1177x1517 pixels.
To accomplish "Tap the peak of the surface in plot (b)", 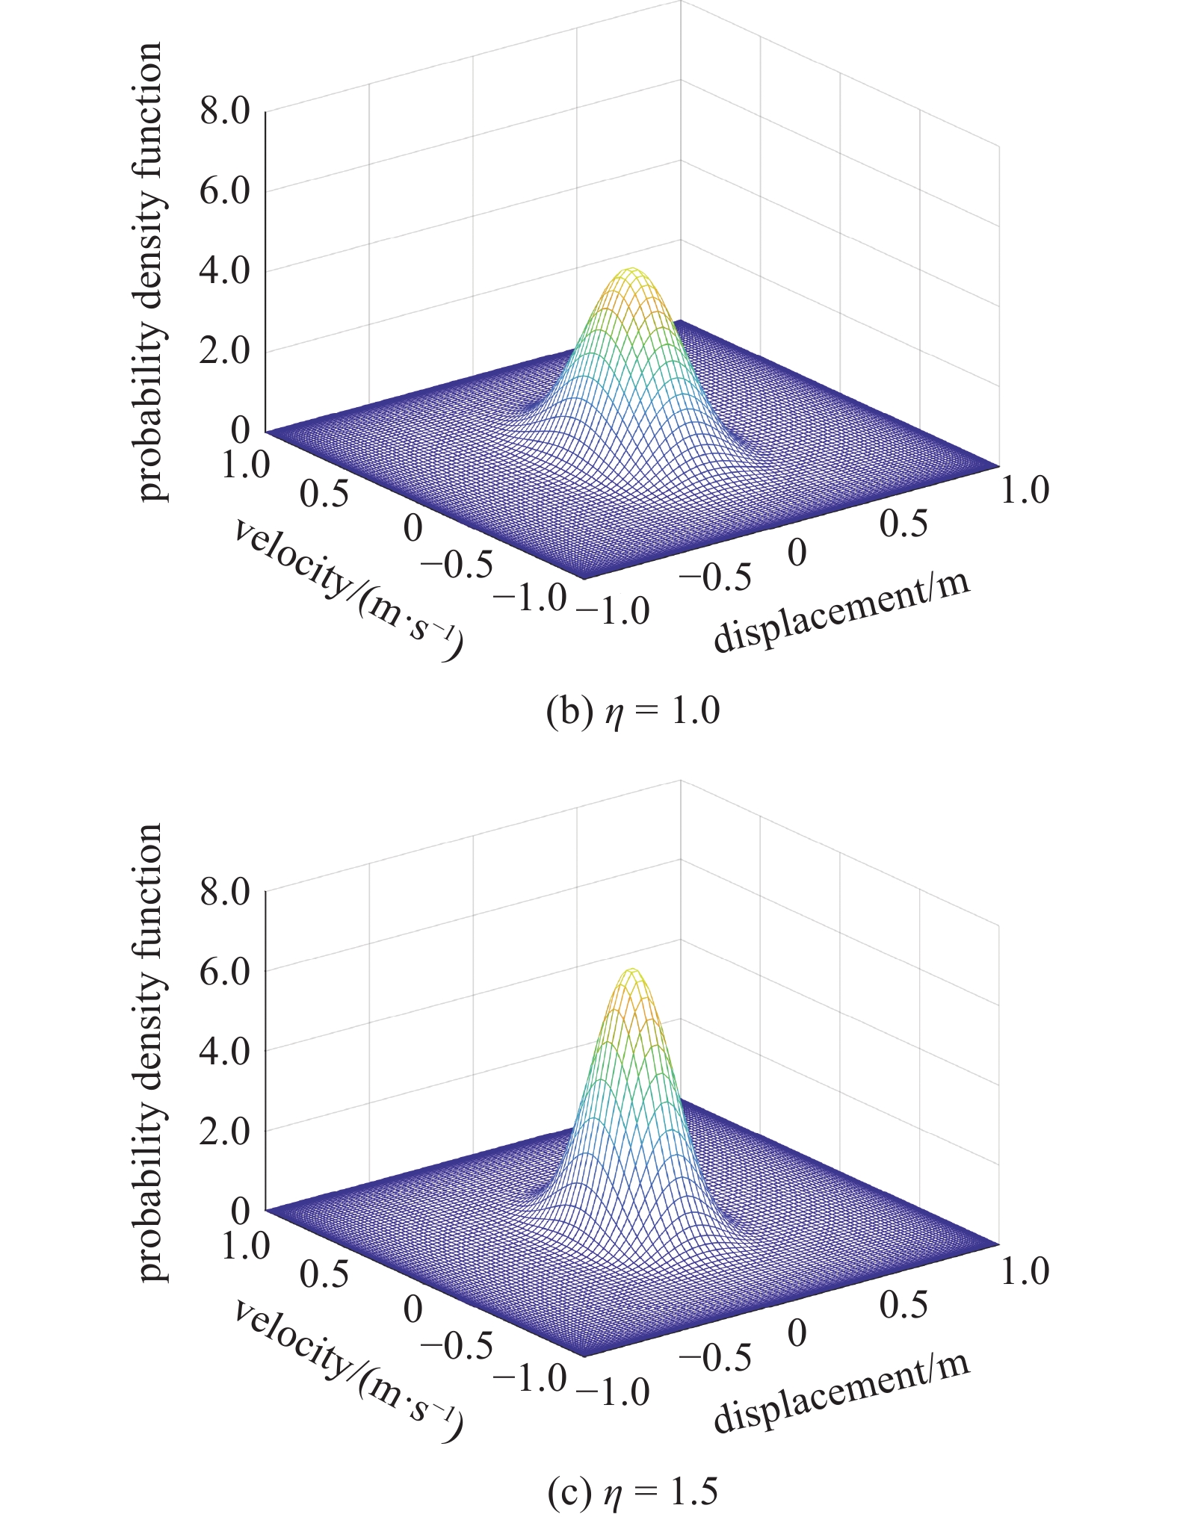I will pyautogui.click(x=632, y=270).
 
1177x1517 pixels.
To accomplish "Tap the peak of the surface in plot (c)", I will pyautogui.click(x=632, y=970).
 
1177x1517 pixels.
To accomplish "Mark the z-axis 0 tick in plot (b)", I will pyautogui.click(x=240, y=431).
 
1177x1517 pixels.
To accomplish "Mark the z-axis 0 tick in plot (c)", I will pyautogui.click(x=240, y=1211).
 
